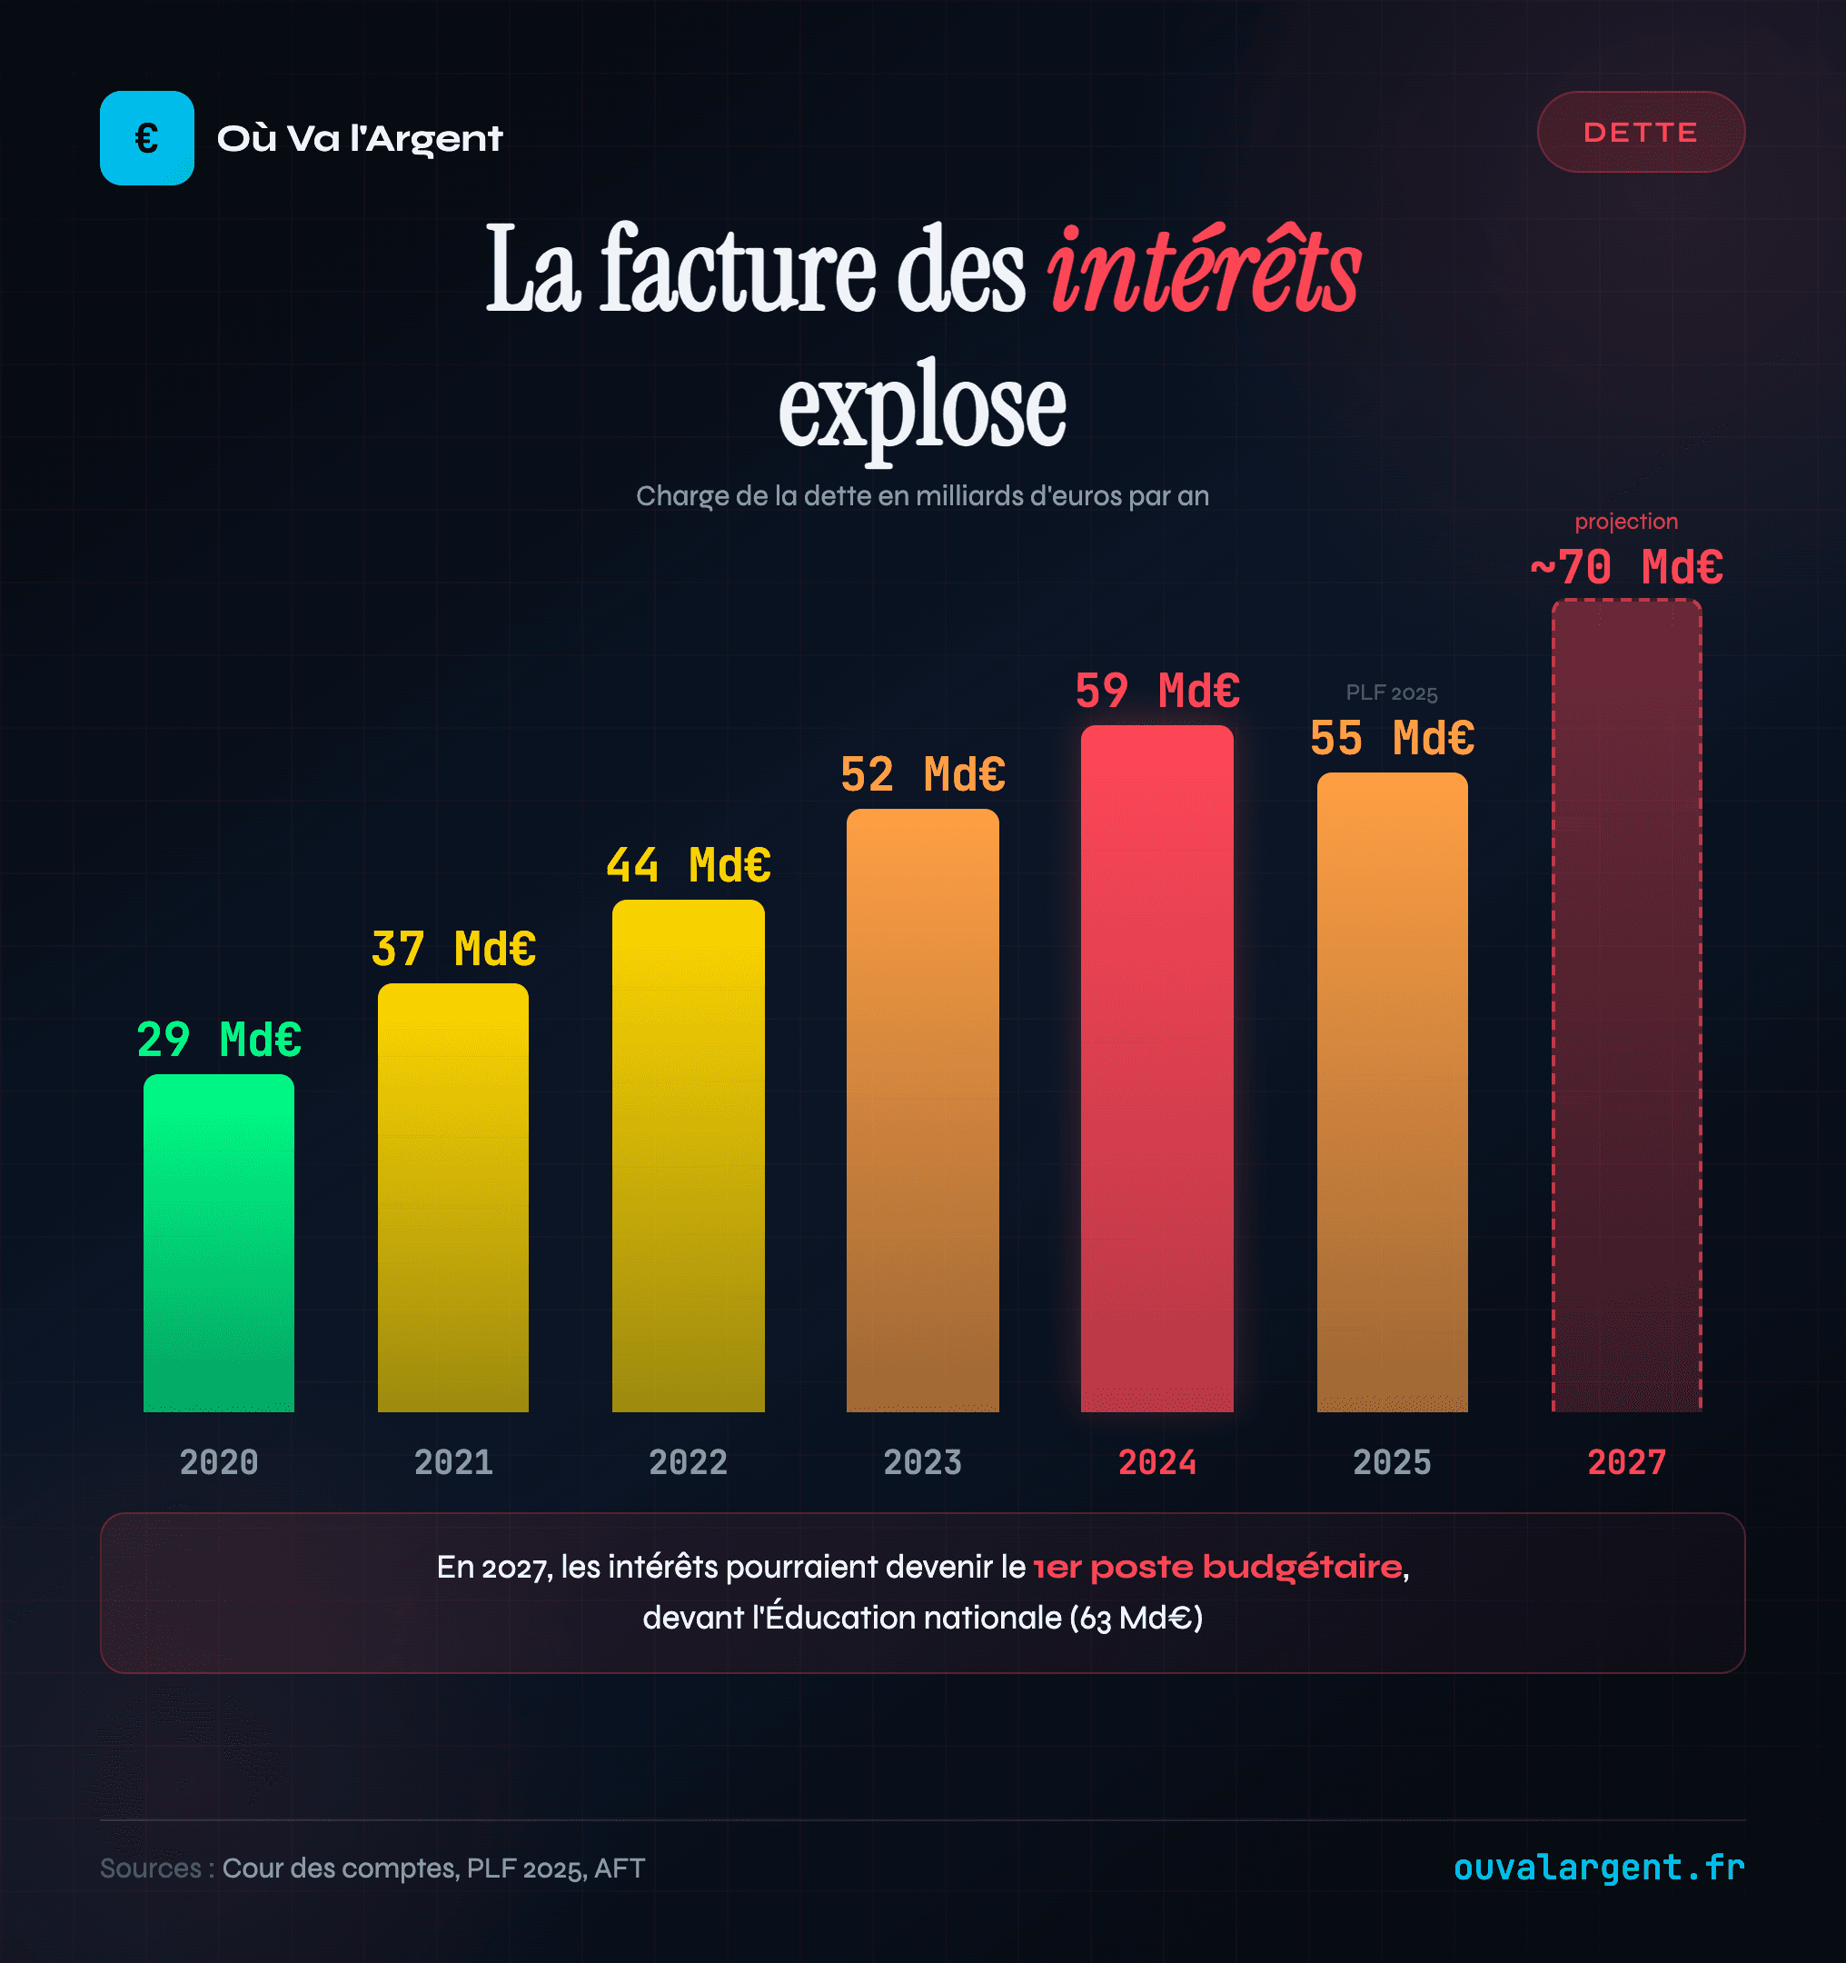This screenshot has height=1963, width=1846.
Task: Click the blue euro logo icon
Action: coord(146,138)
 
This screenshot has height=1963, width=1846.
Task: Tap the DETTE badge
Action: coord(1640,133)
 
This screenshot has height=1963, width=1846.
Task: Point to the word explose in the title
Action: coord(922,406)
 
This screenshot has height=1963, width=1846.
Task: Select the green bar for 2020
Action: coord(218,1243)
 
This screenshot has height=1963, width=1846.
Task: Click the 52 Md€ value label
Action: coord(922,774)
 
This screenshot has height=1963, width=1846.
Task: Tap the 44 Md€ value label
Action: coord(688,865)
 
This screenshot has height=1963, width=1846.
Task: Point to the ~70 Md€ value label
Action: coord(1626,568)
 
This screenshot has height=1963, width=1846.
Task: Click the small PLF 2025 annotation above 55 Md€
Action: coord(1391,693)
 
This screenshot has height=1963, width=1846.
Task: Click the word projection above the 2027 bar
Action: coord(1626,522)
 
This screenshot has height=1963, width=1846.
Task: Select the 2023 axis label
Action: coord(922,1462)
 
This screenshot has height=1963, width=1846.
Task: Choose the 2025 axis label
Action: coord(1391,1462)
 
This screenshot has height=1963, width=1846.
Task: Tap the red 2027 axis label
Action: coord(1626,1462)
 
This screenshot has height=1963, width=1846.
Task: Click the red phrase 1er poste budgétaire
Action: coord(1217,1567)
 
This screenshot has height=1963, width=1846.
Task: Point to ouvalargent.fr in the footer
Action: coord(1598,1868)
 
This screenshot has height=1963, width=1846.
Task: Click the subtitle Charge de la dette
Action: coord(922,495)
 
